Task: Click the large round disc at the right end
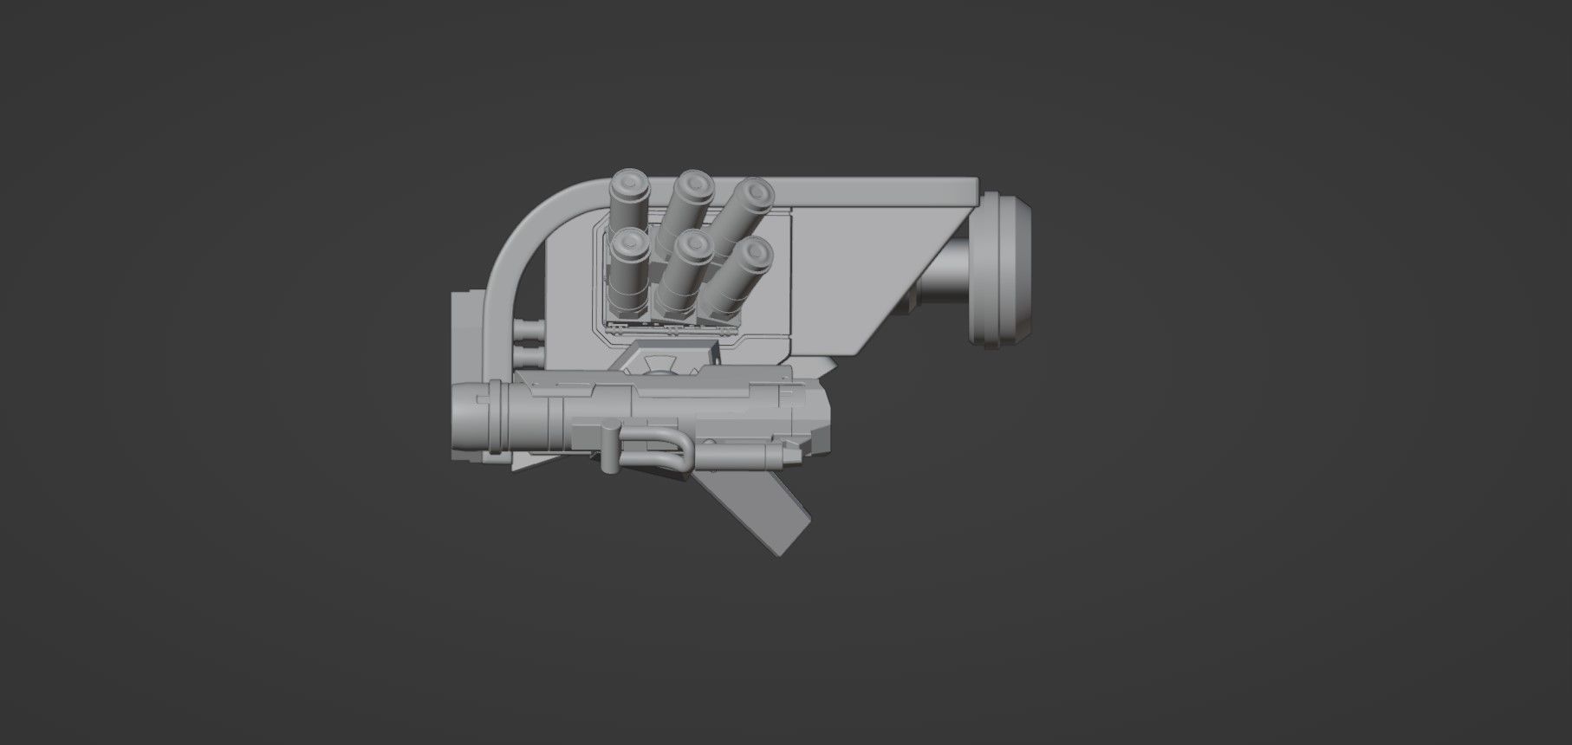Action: tap(1004, 269)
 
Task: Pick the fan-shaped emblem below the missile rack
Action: tap(660, 363)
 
